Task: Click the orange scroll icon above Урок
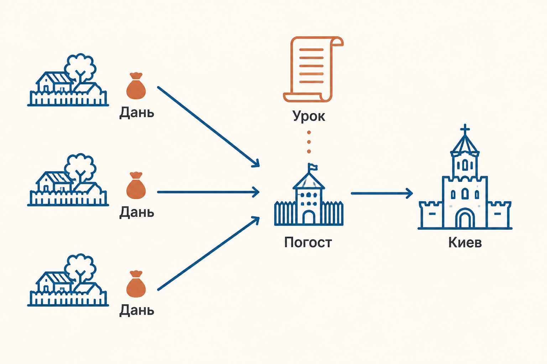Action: [313, 69]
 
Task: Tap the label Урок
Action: [309, 116]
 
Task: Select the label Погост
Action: [308, 242]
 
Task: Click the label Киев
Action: [465, 242]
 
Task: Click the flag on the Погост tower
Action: [313, 167]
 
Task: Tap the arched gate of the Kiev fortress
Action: [465, 218]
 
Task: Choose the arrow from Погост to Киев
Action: [382, 193]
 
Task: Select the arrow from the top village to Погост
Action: [208, 127]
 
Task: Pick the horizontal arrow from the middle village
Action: [208, 192]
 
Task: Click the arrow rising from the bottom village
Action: [208, 253]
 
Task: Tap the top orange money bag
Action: [136, 86]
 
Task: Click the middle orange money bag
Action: [136, 185]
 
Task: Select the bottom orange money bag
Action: [136, 284]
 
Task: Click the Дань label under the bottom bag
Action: [137, 310]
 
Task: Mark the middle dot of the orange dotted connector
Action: [309, 142]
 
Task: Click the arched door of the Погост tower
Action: [309, 217]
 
